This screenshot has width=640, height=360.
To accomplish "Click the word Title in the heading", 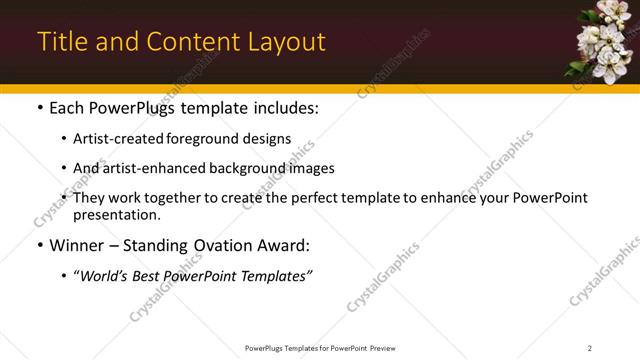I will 62,42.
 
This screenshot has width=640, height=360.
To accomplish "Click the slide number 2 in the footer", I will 590,348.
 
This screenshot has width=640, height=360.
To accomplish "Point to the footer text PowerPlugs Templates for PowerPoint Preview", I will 319,348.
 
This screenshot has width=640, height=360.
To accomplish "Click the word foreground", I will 205,139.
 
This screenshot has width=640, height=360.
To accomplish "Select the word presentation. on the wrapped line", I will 116,215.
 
